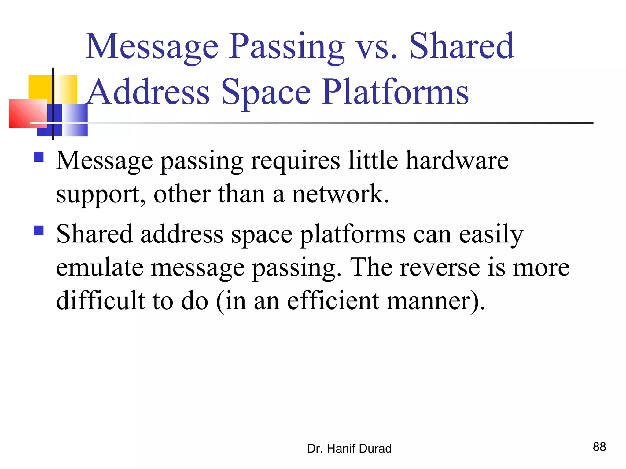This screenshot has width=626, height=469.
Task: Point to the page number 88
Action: [x=599, y=447]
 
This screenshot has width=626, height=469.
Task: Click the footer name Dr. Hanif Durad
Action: [x=349, y=449]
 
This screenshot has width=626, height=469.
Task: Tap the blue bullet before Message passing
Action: [x=39, y=157]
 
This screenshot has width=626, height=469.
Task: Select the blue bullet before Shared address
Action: [x=39, y=230]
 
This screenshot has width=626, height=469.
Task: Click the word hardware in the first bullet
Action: [x=457, y=161]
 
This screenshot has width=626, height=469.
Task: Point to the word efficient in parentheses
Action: [x=333, y=301]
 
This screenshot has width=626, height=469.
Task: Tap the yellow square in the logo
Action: [x=41, y=87]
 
